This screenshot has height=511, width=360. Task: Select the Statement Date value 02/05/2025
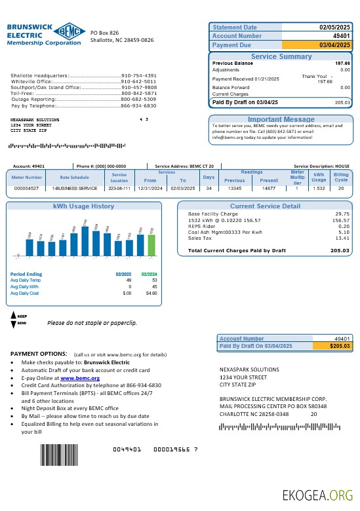[335, 28]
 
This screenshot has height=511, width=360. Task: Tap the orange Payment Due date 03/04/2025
[335, 45]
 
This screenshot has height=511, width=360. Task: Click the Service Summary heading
[281, 57]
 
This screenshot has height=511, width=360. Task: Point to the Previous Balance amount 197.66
[342, 64]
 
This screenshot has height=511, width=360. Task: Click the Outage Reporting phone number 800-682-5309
[138, 99]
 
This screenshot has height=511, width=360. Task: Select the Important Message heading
[281, 119]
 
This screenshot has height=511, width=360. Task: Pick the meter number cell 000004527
[26, 188]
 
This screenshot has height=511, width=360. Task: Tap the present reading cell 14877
[269, 188]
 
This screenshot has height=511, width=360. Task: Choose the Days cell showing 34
[209, 188]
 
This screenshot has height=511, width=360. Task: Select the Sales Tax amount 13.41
[342, 238]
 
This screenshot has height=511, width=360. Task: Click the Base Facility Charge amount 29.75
[342, 214]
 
